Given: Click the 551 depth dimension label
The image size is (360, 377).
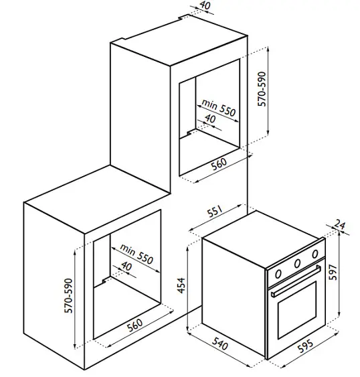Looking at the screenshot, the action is [x=215, y=211].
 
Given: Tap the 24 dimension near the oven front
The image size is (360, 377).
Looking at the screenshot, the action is [x=340, y=224].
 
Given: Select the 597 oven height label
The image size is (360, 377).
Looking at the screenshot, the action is [x=333, y=272].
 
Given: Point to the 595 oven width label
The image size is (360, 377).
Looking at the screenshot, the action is [x=305, y=346].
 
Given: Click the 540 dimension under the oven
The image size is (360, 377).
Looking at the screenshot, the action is [x=219, y=344].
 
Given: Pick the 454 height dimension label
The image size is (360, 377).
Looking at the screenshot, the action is [x=181, y=285].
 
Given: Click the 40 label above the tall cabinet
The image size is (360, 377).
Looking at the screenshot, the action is [x=205, y=5].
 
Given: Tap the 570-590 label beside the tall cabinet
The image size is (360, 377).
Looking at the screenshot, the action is [x=262, y=89].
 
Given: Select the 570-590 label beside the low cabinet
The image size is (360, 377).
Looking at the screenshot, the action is [x=68, y=295].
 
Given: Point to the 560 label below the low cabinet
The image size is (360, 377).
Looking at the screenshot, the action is [x=134, y=325].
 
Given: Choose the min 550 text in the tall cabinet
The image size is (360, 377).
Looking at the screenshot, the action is [x=218, y=108].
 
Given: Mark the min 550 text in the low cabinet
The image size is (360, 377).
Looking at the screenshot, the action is [x=137, y=254].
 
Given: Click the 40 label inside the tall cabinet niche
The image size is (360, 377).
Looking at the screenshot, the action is [x=210, y=119].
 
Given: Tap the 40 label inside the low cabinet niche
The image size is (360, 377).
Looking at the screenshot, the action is [x=126, y=266].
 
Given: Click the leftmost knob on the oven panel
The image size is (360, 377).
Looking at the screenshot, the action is [x=278, y=274].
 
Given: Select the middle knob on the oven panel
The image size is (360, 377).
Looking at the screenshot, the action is [x=297, y=264].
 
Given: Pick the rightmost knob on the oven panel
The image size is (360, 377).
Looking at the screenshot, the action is [x=315, y=254].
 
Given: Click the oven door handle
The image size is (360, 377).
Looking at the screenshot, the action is [x=296, y=281].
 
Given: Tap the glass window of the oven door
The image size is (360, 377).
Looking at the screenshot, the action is [x=297, y=310].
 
